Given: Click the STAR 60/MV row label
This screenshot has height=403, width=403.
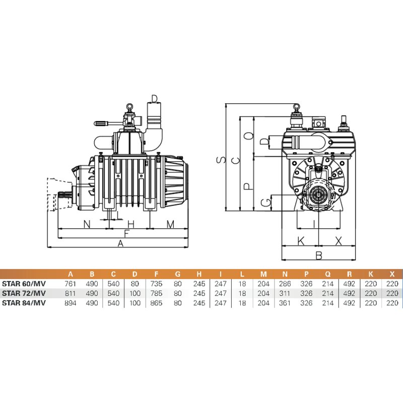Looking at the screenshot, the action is coord(24,284).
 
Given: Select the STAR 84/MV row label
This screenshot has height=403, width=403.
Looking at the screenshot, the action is coord(24,303).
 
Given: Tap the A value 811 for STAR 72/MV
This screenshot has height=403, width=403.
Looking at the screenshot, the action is coord(71,294).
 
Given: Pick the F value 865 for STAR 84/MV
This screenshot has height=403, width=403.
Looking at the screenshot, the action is coord(156,303).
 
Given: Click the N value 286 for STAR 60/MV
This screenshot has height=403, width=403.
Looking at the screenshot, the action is coord(285,284).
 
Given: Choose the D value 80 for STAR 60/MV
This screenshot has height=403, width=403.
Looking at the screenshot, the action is coord(135,284).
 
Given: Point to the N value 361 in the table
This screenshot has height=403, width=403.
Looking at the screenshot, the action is coord(285,303).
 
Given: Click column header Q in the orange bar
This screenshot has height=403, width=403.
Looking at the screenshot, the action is coord(328,274).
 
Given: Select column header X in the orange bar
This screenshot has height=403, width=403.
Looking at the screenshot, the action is coord(392,274).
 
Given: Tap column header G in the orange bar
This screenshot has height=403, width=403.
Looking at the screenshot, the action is coord(178,274).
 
